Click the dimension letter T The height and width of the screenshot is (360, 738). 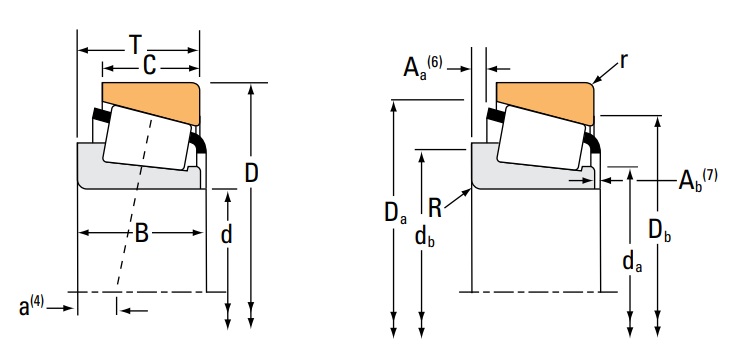coord(136,45)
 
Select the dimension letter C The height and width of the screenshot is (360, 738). coord(149,66)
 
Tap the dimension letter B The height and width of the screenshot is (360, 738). coord(142,233)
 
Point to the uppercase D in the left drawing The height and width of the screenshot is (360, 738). coord(252,173)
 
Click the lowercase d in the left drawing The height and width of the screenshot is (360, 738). coord(227,234)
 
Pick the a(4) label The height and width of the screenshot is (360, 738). coord(31,306)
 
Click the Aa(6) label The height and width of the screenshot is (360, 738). coord(423,66)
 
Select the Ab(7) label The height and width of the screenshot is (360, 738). coord(698,179)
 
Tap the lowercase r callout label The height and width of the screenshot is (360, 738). coord(623,62)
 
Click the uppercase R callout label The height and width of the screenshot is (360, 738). coord(435,208)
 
